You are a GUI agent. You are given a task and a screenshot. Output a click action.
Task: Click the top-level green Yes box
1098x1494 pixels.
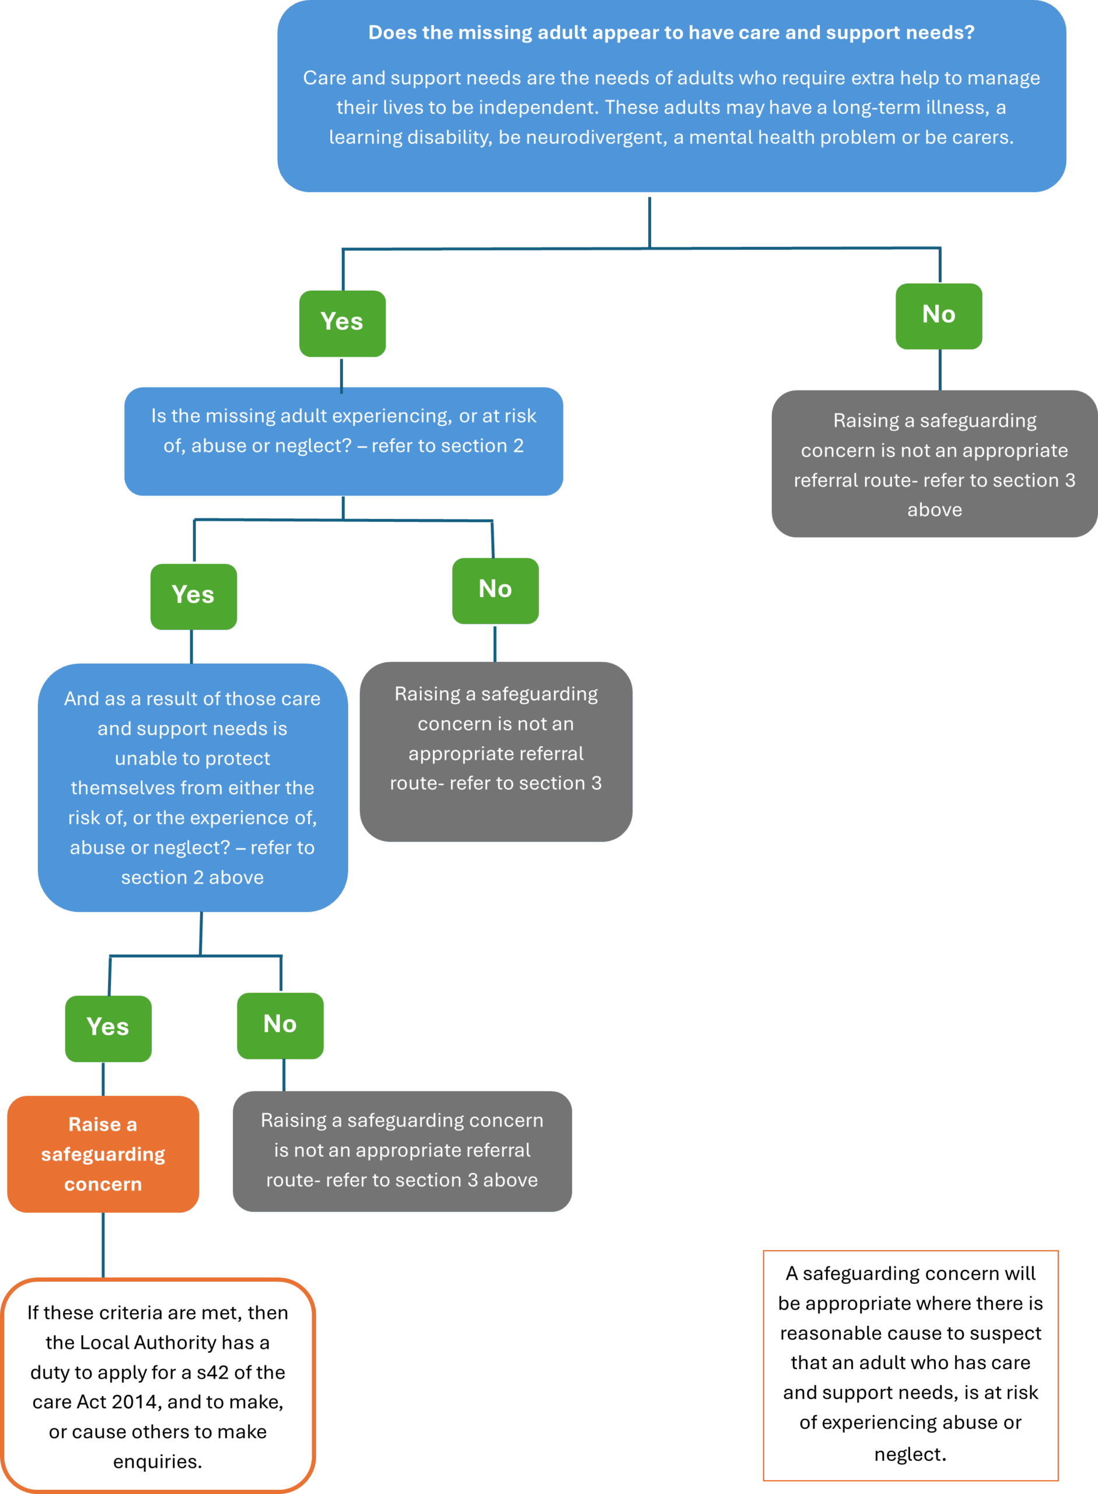pyautogui.click(x=342, y=323)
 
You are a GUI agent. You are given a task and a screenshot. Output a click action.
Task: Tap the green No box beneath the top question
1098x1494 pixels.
pyautogui.click(x=939, y=316)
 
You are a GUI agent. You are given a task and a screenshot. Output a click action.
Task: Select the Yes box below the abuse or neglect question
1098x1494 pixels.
pyautogui.click(x=194, y=596)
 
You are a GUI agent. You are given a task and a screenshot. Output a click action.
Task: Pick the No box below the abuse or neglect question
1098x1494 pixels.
pyautogui.click(x=495, y=591)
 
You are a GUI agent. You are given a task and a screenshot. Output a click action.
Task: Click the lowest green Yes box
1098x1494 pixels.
pyautogui.click(x=109, y=1028)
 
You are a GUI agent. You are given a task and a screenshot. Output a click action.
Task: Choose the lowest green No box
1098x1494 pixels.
pyautogui.click(x=280, y=1025)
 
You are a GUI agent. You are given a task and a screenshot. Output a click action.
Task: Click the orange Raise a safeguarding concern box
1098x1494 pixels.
pyautogui.click(x=103, y=1154)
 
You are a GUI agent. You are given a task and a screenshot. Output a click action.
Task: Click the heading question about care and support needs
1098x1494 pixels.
pyautogui.click(x=672, y=33)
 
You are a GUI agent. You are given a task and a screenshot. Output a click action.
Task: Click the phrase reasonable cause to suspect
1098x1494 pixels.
pyautogui.click(x=911, y=1332)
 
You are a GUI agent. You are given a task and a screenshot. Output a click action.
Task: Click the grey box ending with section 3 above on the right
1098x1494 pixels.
pyautogui.click(x=934, y=463)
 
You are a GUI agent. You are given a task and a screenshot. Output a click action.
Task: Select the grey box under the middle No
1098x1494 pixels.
pyautogui.click(x=496, y=751)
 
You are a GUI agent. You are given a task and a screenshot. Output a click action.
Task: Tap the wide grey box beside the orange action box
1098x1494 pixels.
pyautogui.click(x=402, y=1151)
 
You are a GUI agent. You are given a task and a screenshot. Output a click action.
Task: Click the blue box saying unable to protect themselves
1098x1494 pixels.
pyautogui.click(x=192, y=787)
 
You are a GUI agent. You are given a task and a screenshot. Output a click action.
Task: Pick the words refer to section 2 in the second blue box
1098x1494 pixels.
pyautogui.click(x=447, y=445)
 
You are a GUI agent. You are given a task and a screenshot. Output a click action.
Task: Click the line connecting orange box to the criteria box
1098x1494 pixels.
pyautogui.click(x=103, y=1245)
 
